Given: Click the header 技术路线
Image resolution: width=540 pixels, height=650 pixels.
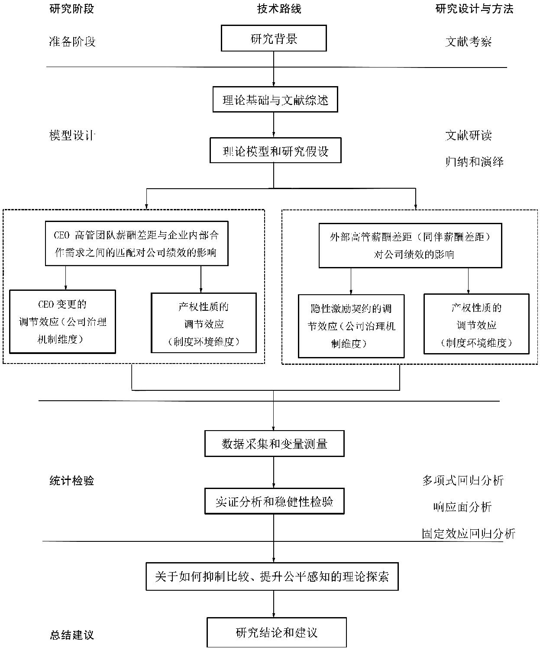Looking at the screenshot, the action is pyautogui.click(x=279, y=9).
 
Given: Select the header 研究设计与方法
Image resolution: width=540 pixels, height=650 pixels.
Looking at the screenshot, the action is pyautogui.click(x=474, y=9).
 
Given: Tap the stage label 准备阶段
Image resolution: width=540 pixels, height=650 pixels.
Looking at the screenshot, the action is pyautogui.click(x=72, y=42).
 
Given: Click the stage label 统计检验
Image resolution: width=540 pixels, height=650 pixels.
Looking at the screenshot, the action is pyautogui.click(x=71, y=481).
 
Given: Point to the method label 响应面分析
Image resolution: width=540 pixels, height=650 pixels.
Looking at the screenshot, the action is pyautogui.click(x=462, y=507).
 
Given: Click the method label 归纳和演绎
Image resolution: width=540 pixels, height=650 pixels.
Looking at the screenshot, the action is pyautogui.click(x=474, y=161).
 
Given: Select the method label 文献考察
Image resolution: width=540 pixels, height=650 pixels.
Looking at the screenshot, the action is pyautogui.click(x=469, y=42).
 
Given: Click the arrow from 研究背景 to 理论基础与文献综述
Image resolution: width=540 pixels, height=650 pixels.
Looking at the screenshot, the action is pyautogui.click(x=274, y=69).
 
